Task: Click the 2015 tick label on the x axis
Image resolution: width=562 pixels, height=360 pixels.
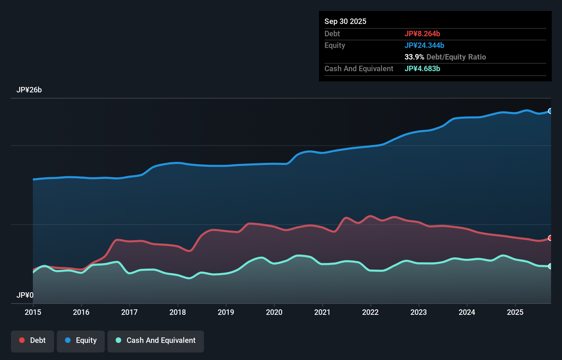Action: (33, 312)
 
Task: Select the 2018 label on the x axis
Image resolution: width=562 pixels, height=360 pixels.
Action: (178, 312)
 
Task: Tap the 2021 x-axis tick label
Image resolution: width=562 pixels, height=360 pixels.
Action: (322, 312)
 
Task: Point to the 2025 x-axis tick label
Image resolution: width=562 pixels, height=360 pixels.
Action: (515, 312)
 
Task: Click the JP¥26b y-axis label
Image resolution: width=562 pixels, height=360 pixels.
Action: (29, 90)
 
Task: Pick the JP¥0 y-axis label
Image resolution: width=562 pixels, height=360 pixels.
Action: (25, 295)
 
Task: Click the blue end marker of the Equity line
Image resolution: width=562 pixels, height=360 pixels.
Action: (550, 111)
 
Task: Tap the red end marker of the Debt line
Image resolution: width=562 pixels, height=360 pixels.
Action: (550, 238)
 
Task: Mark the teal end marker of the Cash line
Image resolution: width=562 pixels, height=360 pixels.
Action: (550, 266)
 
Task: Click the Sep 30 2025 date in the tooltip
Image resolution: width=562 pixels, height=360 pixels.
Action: (345, 22)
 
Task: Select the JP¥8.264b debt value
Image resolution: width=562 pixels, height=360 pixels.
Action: (422, 34)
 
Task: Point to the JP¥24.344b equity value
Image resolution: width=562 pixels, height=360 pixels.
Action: (424, 46)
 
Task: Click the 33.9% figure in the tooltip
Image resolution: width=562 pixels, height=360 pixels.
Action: (414, 57)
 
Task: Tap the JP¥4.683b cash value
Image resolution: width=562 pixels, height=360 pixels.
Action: (422, 69)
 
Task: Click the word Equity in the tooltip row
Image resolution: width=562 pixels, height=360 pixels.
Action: (335, 46)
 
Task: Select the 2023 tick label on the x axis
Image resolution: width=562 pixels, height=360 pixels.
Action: (419, 312)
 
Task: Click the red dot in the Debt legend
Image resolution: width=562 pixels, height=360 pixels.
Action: (22, 340)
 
